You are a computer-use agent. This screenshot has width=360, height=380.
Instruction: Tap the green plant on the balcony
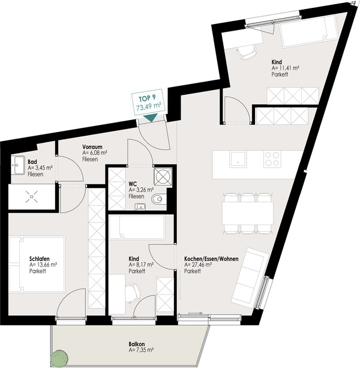(x=59, y=358)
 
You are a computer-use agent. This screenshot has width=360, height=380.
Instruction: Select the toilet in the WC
(x=158, y=199)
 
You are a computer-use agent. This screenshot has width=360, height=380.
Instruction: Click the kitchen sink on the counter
(x=238, y=159)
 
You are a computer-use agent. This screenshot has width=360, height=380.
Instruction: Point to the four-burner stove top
(x=272, y=159)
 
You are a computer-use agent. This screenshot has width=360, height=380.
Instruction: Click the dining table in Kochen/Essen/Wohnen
(x=248, y=213)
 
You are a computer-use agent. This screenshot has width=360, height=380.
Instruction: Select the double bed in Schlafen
(x=37, y=264)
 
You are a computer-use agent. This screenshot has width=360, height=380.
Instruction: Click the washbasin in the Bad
(x=17, y=165)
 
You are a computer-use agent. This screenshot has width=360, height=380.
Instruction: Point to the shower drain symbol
(x=32, y=196)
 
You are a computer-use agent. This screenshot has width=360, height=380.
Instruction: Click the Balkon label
(x=137, y=344)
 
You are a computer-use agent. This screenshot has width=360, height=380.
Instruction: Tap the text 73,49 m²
(x=149, y=106)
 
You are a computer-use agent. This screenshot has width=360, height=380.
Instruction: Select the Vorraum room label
(x=92, y=147)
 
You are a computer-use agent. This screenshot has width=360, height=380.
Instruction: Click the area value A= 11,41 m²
(x=285, y=68)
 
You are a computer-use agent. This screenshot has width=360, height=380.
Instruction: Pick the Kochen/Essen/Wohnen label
(x=211, y=259)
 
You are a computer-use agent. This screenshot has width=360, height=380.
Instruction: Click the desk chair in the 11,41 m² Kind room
(x=247, y=52)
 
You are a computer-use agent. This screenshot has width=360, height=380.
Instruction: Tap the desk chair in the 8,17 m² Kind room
(x=133, y=292)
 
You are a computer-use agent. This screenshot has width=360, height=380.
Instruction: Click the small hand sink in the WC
(x=140, y=207)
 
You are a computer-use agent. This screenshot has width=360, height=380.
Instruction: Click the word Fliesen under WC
(x=136, y=196)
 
